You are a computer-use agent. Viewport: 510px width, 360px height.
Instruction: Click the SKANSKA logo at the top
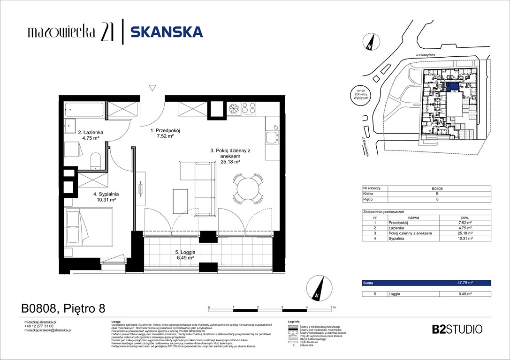point(167,32)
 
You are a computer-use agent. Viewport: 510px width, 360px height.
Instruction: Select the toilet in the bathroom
point(96,159)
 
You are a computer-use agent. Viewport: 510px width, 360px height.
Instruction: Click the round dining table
point(247,189)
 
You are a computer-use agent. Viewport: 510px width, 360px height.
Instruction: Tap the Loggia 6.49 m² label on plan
point(182,255)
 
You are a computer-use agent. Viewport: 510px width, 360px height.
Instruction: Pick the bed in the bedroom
point(89,227)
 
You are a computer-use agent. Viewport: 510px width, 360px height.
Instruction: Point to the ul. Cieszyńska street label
point(425,55)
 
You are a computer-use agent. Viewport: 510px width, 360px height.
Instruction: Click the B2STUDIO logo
point(456,329)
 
